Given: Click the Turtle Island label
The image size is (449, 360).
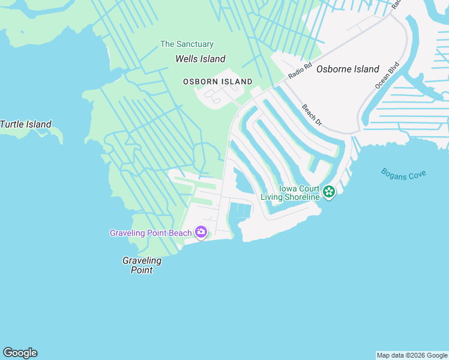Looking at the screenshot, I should pyautogui.click(x=26, y=125).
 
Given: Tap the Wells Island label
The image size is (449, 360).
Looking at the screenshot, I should pyautogui.click(x=200, y=59).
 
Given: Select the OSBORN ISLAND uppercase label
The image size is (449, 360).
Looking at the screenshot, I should pyautogui.click(x=218, y=82).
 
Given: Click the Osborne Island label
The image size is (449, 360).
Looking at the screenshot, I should pyautogui.click(x=348, y=69).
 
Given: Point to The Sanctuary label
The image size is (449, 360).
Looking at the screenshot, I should pyautogui.click(x=187, y=44).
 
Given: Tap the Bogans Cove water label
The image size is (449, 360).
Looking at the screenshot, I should pyautogui.click(x=403, y=173).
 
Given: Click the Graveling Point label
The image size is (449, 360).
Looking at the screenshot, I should pyautogui.click(x=142, y=265).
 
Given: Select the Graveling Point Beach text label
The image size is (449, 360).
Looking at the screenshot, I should pyautogui.click(x=150, y=233).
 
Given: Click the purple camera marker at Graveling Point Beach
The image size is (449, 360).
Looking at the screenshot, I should pyautogui.click(x=201, y=232).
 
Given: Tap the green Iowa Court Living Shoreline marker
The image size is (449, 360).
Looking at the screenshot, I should pyautogui.click(x=328, y=192).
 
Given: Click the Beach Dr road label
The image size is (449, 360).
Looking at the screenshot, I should pyautogui.click(x=312, y=115).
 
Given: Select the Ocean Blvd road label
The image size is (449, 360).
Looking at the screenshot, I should pyautogui.click(x=387, y=75).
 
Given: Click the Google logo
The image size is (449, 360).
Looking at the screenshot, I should pyautogui.click(x=20, y=353).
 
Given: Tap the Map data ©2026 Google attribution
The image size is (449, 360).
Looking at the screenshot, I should pyautogui.click(x=412, y=355).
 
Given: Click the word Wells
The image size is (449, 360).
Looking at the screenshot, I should pyautogui.click(x=187, y=59).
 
